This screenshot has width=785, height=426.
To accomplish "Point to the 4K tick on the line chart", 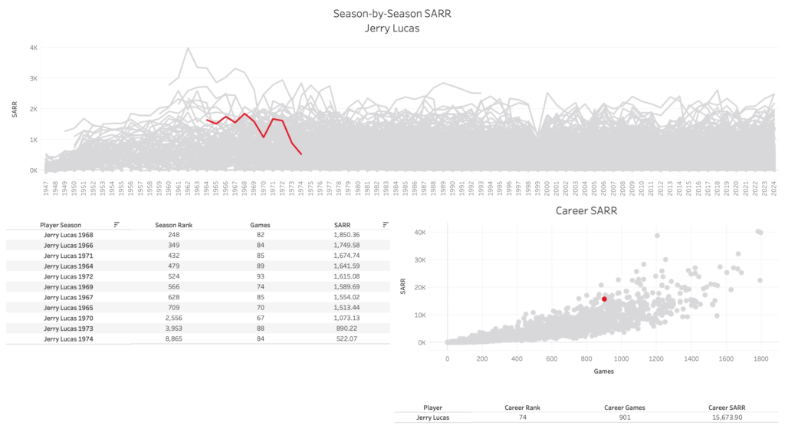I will coord(33,48).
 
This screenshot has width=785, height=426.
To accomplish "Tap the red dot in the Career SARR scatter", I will coord(604,299).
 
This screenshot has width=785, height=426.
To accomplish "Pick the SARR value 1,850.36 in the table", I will coord(347,234).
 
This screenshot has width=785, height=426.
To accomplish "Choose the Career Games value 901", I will coord(625,418).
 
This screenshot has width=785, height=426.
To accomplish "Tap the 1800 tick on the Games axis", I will coord(760,358).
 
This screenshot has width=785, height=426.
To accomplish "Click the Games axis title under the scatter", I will coord(604,371).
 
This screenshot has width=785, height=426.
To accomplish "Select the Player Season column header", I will coord(60,225).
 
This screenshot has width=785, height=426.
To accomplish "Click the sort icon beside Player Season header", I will coord(117,225).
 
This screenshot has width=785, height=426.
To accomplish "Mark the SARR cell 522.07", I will coord(347,338).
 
